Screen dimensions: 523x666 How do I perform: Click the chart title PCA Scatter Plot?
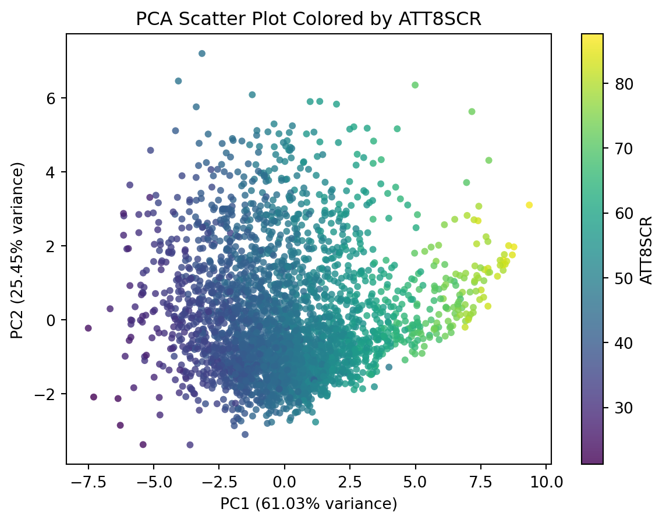tap(309, 19)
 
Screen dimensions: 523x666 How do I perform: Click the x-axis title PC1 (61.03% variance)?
tap(309, 504)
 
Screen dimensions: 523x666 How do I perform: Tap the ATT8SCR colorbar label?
tap(646, 250)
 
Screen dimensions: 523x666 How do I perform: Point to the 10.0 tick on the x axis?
tap(546, 483)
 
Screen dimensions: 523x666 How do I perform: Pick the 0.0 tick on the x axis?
tap(284, 483)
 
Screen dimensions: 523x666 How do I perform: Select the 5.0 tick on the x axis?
tap(415, 483)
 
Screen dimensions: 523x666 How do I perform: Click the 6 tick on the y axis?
tap(55, 98)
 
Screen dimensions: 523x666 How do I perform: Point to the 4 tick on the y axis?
tap(55, 172)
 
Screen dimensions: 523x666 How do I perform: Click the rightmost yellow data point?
tap(529, 205)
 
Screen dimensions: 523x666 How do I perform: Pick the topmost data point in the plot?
tap(202, 54)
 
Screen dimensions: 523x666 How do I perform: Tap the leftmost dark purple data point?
tap(88, 328)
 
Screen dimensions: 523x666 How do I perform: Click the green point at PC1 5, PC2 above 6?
tap(415, 85)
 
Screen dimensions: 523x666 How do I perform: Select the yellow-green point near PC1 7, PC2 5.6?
tap(472, 112)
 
